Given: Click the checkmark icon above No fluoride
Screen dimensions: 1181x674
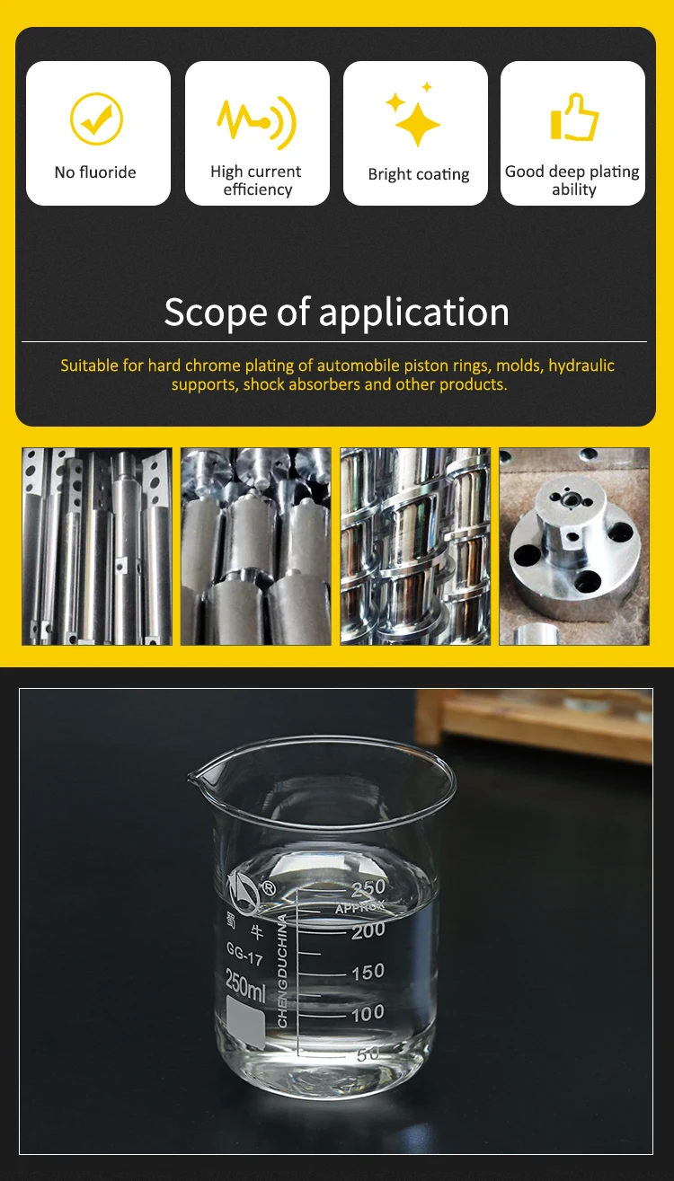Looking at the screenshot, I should (x=96, y=119).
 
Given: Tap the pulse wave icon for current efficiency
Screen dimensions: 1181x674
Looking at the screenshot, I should (x=256, y=120).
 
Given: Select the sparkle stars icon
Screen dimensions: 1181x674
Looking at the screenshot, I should (x=415, y=117).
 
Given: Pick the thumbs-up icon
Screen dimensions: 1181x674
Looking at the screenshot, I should (x=574, y=118).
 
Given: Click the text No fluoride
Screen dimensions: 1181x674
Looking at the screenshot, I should (x=95, y=172).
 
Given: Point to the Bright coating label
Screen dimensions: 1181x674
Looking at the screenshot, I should (x=419, y=174).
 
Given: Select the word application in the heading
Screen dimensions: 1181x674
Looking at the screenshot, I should (x=413, y=313).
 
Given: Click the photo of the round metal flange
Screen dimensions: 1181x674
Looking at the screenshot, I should (x=574, y=546).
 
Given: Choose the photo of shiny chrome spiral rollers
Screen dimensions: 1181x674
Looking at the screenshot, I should (x=415, y=546).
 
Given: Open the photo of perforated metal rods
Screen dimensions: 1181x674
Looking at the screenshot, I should (x=97, y=546).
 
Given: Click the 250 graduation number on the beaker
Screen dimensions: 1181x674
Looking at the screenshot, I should (x=368, y=889).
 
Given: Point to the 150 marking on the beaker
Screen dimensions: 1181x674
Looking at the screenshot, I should (x=368, y=973).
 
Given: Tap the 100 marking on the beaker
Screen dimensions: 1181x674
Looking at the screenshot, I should (x=368, y=1014).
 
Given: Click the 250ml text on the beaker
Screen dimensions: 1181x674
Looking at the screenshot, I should (x=244, y=985).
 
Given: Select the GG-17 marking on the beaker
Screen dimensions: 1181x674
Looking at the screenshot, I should (x=244, y=953).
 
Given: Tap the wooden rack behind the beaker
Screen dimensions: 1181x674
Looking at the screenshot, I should (x=539, y=723).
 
